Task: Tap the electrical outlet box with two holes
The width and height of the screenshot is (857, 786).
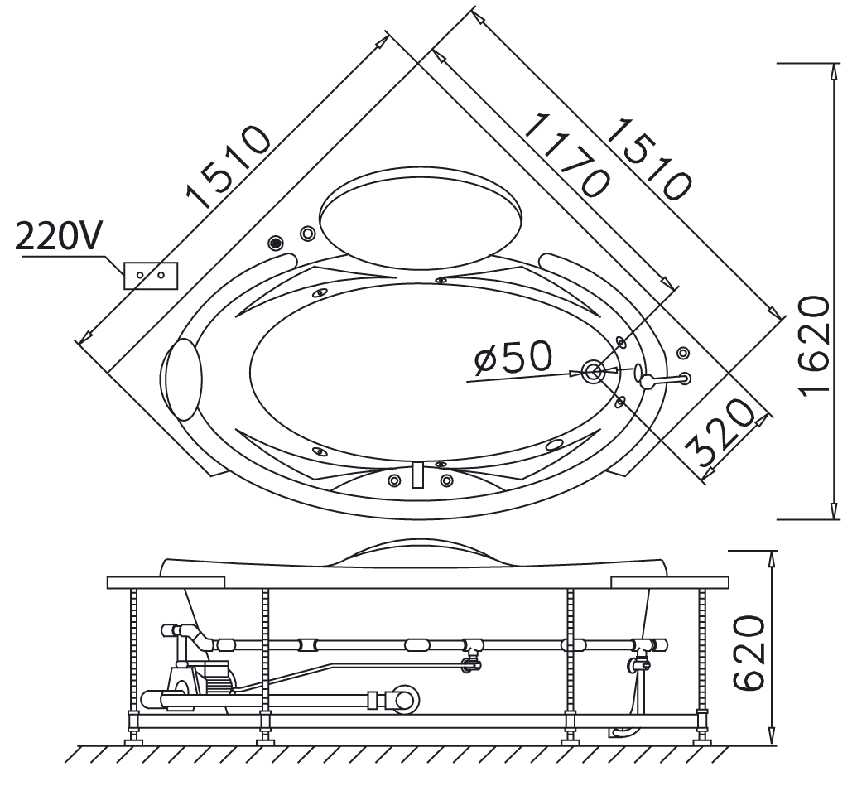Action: [150, 275]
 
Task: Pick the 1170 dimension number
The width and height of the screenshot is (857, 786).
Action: [566, 155]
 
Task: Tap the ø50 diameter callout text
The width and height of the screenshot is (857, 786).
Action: [513, 359]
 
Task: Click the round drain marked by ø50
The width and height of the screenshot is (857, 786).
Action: [593, 372]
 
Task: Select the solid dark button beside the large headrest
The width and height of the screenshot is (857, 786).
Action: [276, 243]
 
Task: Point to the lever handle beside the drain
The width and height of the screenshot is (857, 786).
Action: [663, 379]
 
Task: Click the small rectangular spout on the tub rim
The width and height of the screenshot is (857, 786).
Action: [418, 475]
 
